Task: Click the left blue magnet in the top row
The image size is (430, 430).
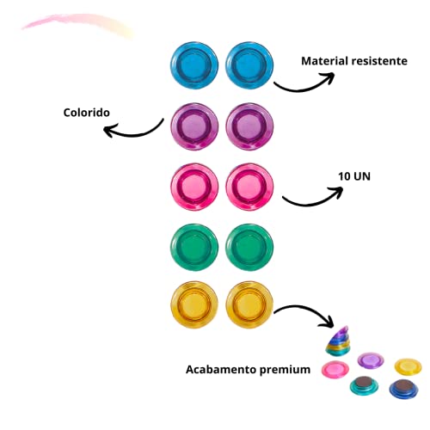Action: click(x=194, y=65)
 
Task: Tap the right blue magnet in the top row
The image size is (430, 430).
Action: click(x=249, y=65)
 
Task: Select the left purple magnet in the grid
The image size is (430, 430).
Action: click(x=194, y=126)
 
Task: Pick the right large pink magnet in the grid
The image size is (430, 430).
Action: click(x=249, y=187)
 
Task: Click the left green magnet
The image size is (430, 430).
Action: click(x=194, y=247)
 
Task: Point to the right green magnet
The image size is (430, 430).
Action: click(x=249, y=247)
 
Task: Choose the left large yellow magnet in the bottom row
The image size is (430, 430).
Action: click(x=194, y=304)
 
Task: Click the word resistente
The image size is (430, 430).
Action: click(x=379, y=61)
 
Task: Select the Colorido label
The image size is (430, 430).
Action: click(x=87, y=113)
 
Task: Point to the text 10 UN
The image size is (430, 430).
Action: click(x=354, y=176)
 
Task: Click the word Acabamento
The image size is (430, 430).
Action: click(x=221, y=369)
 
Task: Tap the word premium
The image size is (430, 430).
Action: click(x=285, y=370)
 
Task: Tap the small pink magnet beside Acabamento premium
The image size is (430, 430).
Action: click(x=335, y=369)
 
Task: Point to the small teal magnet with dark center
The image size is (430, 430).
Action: click(x=364, y=385)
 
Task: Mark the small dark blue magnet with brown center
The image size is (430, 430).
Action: click(x=403, y=389)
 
